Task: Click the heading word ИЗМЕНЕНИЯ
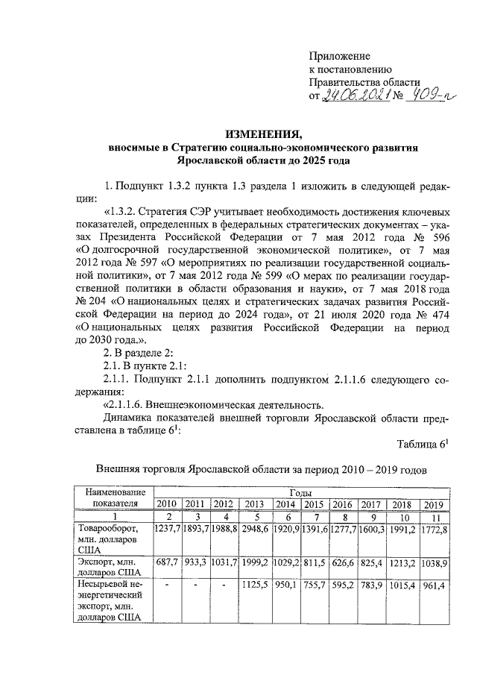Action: click(x=264, y=135)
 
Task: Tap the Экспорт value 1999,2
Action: click(x=256, y=559)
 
